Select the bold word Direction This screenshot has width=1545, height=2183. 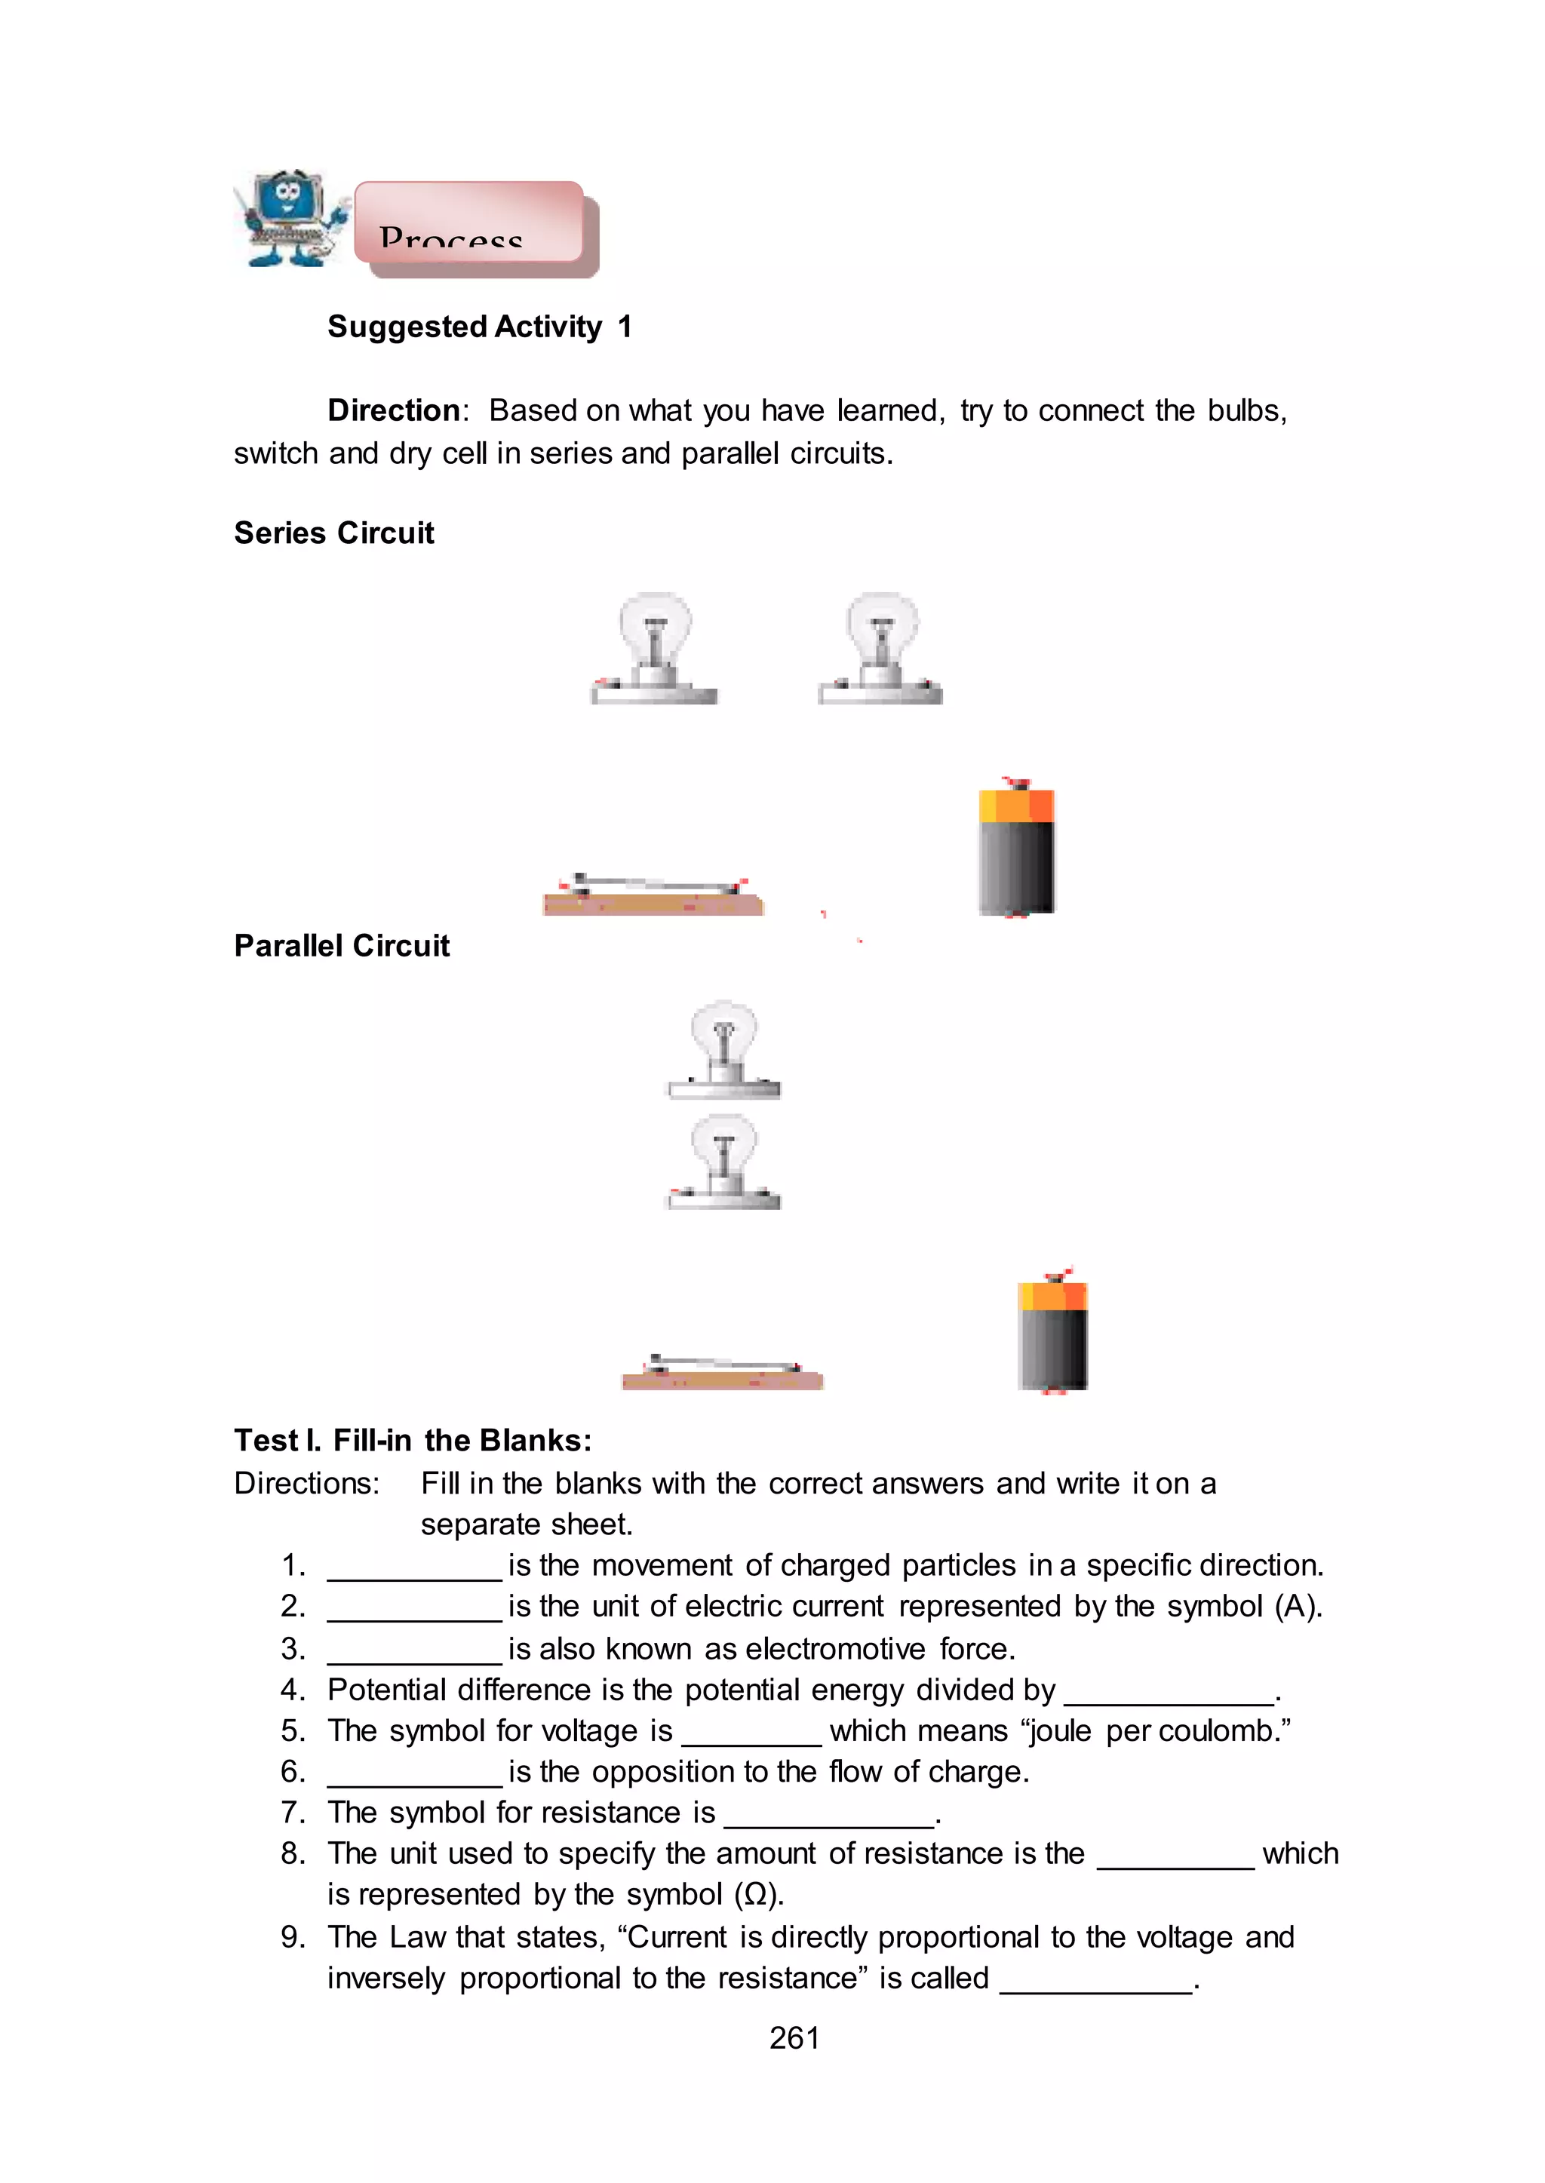tap(394, 410)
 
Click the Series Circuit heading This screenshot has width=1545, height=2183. tap(334, 533)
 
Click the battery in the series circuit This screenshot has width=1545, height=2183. tap(1016, 849)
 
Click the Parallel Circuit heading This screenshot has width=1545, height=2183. tap(342, 945)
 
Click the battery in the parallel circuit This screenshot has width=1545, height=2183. tap(1052, 1331)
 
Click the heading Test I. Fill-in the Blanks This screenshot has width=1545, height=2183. tap(413, 1440)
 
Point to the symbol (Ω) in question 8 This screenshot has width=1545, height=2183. tap(757, 1895)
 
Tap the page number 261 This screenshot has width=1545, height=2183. tap(794, 2037)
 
